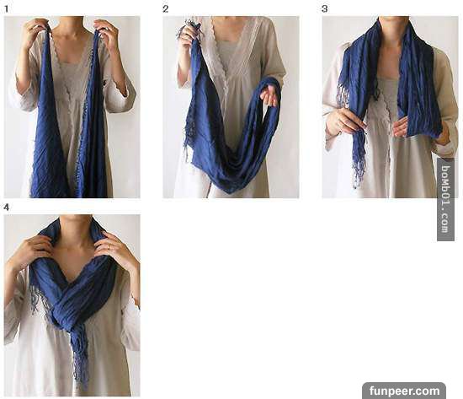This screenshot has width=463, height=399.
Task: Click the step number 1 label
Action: pos(6,9)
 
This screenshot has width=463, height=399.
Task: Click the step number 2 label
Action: pos(165,9)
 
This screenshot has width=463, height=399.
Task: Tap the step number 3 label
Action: pos(324,9)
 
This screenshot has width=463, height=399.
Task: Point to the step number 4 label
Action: pos(6,208)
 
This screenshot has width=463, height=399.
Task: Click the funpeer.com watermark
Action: pos(404,391)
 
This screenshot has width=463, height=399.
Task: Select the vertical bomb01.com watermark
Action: pos(445,199)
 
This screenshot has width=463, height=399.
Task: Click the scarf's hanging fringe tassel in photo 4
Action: pos(79,355)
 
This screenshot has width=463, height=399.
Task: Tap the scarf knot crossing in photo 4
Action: pos(68,310)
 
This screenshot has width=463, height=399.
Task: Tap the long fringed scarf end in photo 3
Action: pos(358,154)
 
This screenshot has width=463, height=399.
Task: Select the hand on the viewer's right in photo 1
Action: pos(107,33)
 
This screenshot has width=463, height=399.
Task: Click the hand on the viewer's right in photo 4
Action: pos(117,251)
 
